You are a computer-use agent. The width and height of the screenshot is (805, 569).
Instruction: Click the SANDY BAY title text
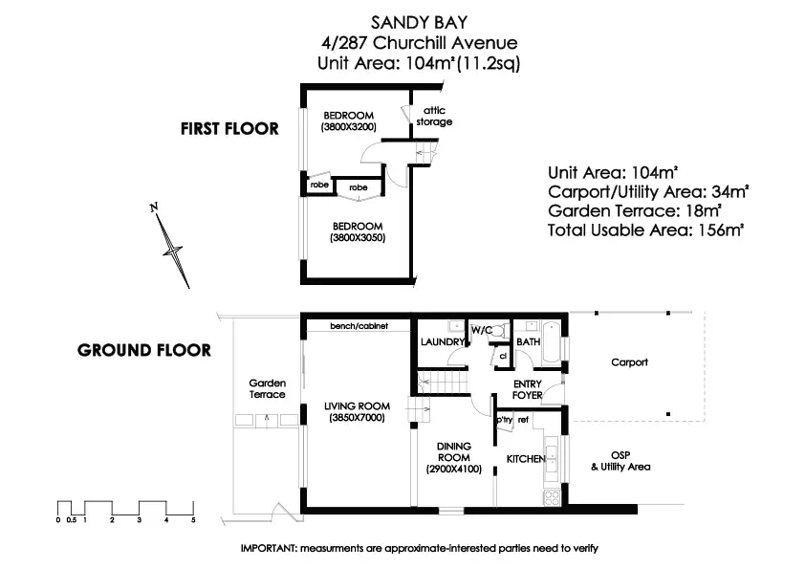(x=422, y=21)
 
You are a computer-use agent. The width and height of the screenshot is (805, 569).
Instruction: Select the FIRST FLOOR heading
(x=230, y=128)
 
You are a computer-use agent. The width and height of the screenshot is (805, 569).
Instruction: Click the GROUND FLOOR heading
(x=143, y=350)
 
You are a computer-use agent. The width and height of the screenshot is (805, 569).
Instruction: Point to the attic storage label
(x=434, y=117)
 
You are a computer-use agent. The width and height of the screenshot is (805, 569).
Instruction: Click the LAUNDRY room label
(x=443, y=341)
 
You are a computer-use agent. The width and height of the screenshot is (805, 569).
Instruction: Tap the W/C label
(x=481, y=330)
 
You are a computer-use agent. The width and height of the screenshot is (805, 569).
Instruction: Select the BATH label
(x=528, y=341)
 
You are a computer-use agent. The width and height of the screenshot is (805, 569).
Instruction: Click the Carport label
(x=629, y=362)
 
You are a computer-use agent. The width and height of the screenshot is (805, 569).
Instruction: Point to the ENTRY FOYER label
(x=527, y=389)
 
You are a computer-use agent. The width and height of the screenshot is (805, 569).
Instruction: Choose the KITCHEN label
(x=525, y=459)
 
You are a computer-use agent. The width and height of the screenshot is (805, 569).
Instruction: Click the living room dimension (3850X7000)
(x=356, y=419)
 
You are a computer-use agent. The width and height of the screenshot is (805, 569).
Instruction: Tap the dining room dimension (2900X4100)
(x=453, y=469)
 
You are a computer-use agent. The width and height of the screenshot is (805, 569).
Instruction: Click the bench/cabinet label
(x=359, y=325)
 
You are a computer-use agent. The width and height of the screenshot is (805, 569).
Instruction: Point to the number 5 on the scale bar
(x=193, y=520)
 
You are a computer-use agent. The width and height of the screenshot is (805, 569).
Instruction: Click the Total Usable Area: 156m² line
(x=645, y=230)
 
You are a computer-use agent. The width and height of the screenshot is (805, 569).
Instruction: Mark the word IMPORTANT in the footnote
(x=269, y=548)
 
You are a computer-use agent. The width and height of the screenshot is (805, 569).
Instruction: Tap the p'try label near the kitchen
(x=504, y=419)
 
